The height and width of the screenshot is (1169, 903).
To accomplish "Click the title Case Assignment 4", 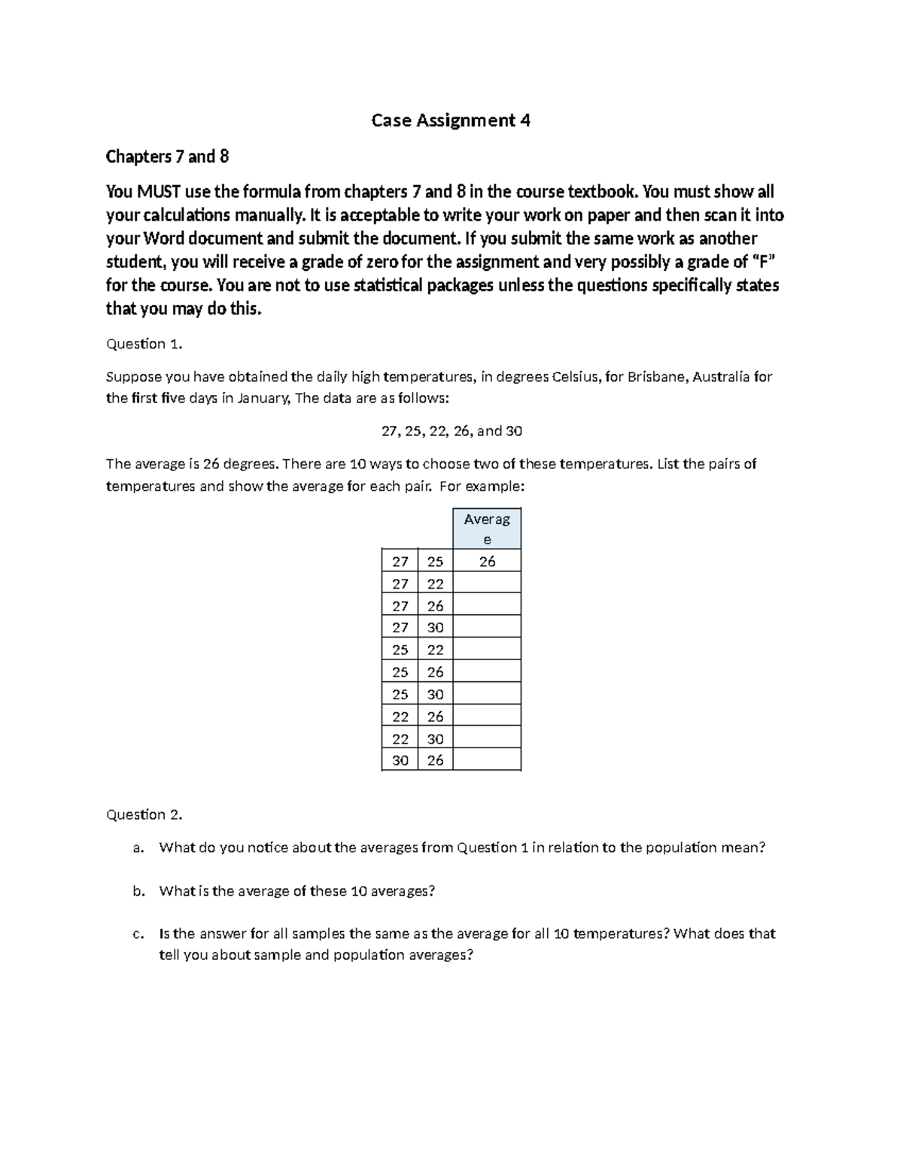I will pyautogui.click(x=451, y=120).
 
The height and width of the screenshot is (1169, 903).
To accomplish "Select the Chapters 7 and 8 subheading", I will pyautogui.click(x=167, y=157).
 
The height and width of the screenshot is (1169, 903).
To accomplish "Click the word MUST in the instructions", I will pyautogui.click(x=152, y=191).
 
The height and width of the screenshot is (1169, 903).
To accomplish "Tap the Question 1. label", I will pyautogui.click(x=144, y=344).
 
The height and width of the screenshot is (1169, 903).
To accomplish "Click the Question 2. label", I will pyautogui.click(x=144, y=814).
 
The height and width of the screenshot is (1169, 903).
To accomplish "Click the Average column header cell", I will pyautogui.click(x=487, y=528).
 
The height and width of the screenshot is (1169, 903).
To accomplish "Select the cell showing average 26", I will pyautogui.click(x=487, y=561).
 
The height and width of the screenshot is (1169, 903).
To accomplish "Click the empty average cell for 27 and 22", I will pyautogui.click(x=487, y=583).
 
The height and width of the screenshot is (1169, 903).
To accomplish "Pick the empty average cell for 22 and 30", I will pyautogui.click(x=487, y=738).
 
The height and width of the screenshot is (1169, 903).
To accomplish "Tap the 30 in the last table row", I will pyautogui.click(x=400, y=760).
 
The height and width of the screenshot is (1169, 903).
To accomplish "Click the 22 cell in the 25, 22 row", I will pyautogui.click(x=435, y=650).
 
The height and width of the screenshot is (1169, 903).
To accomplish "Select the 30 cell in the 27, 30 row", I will pyautogui.click(x=435, y=627).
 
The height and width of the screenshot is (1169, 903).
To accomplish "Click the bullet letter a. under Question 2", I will pyautogui.click(x=137, y=848).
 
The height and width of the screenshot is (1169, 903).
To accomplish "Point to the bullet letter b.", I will pyautogui.click(x=137, y=891).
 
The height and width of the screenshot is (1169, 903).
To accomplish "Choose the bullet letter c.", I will pyautogui.click(x=137, y=934).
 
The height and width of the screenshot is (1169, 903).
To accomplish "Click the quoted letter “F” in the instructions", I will pyautogui.click(x=762, y=262).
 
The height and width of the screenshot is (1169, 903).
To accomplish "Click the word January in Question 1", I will pyautogui.click(x=263, y=398).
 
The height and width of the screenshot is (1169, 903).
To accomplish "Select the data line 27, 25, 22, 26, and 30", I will pyautogui.click(x=451, y=431).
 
